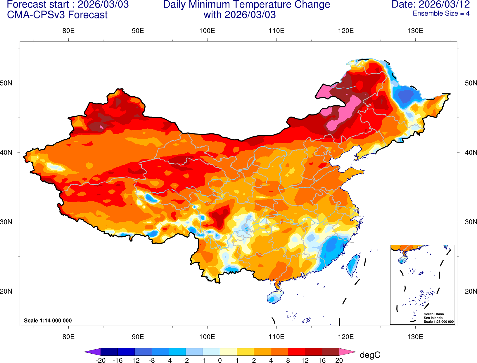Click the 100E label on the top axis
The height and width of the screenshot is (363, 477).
[x=207, y=31]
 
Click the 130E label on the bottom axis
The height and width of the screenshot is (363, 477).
[x=415, y=337]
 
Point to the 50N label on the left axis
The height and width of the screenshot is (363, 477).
[x=6, y=83]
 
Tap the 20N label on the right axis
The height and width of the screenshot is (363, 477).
[x=471, y=291]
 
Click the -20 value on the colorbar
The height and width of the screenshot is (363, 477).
[x=101, y=360]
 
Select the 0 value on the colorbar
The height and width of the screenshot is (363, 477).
[x=220, y=360]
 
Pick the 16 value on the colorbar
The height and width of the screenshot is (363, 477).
[x=322, y=360]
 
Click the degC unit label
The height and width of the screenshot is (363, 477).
[x=370, y=355]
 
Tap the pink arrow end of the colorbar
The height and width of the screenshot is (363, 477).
[x=348, y=352]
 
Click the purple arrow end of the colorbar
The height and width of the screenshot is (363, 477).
[x=92, y=352]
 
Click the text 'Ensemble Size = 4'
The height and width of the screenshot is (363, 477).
[x=441, y=13]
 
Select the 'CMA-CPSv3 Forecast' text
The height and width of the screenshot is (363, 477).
[x=57, y=15]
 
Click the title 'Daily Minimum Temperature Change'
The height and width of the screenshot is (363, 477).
[x=246, y=4]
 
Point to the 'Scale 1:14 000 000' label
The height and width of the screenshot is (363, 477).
[x=48, y=321]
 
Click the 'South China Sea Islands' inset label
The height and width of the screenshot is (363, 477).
[x=433, y=316]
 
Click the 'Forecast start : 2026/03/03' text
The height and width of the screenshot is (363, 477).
[x=68, y=4]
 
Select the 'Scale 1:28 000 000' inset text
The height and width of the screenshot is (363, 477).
[x=439, y=322]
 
